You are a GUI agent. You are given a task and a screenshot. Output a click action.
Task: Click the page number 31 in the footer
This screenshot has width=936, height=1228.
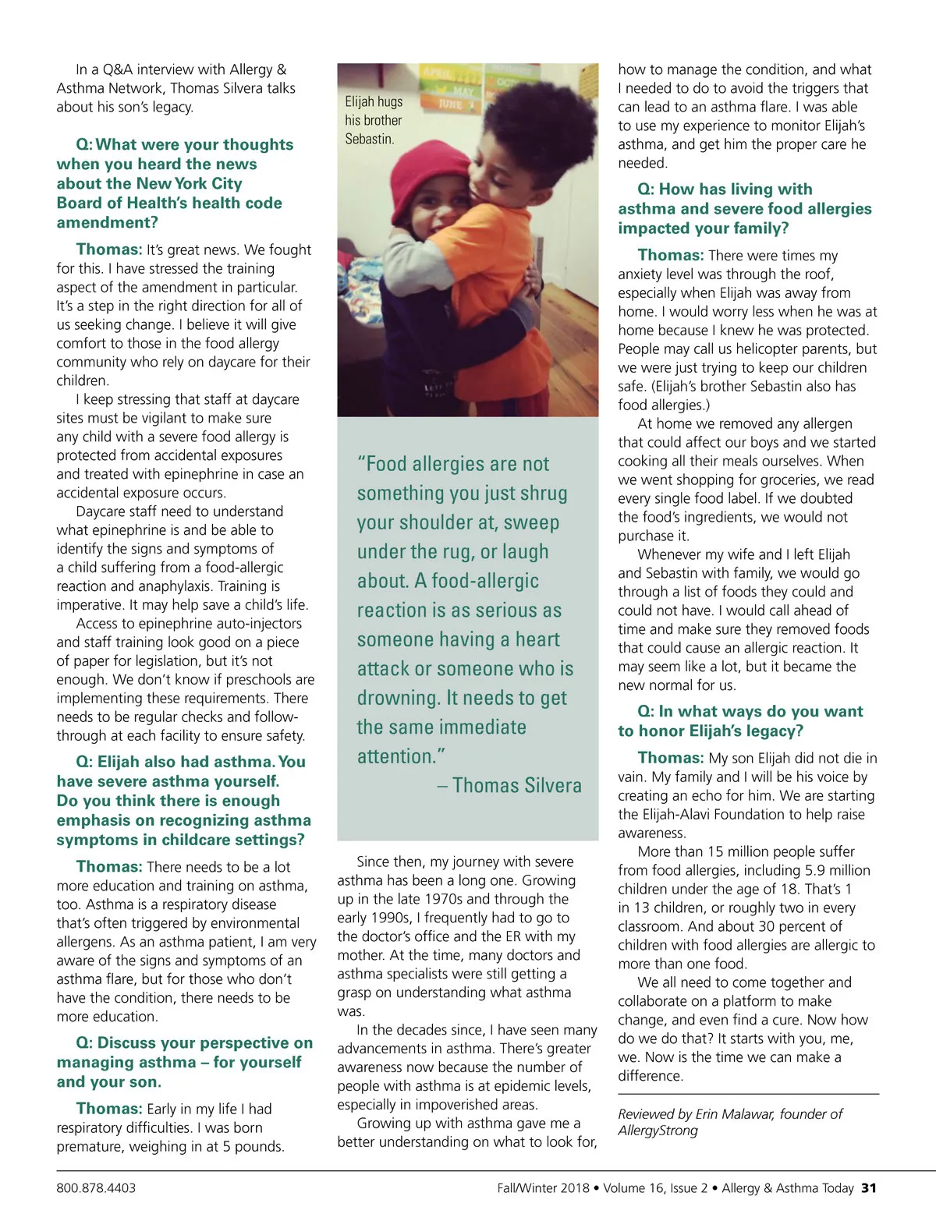pyautogui.click(x=869, y=1188)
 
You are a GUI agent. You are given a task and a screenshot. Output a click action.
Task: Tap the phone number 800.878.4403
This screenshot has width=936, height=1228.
pyautogui.click(x=96, y=1188)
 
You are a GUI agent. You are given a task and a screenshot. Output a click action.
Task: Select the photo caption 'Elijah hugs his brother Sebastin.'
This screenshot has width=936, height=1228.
pyautogui.click(x=374, y=120)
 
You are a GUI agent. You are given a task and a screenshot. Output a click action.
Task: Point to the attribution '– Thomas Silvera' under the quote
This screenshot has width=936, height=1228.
pyautogui.click(x=509, y=785)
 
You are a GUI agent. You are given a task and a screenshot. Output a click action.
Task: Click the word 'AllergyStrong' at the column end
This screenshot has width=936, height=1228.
pyautogui.click(x=658, y=1131)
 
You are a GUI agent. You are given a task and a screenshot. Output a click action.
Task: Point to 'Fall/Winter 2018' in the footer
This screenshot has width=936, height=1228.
pyautogui.click(x=543, y=1188)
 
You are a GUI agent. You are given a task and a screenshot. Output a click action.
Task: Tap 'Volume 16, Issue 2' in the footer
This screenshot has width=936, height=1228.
pyautogui.click(x=655, y=1188)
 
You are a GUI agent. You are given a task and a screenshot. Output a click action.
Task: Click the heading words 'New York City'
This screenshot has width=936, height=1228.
pyautogui.click(x=189, y=183)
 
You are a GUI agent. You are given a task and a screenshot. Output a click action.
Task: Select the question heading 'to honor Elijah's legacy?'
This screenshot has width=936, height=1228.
pyautogui.click(x=711, y=731)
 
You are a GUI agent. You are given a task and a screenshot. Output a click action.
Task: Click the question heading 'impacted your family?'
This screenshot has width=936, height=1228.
pyautogui.click(x=704, y=228)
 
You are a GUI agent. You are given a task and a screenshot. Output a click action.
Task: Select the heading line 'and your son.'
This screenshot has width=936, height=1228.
pyautogui.click(x=109, y=1081)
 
